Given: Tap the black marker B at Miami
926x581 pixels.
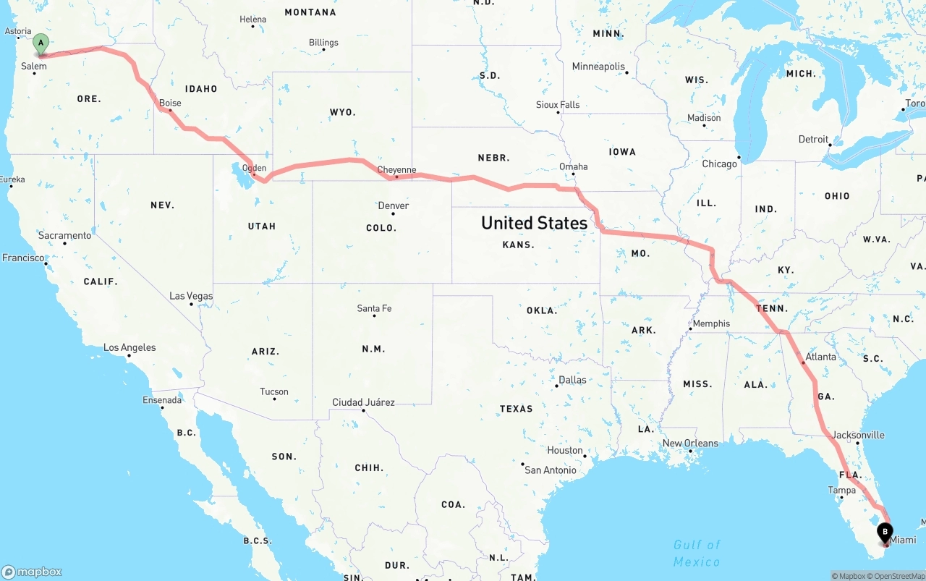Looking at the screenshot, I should (x=885, y=533).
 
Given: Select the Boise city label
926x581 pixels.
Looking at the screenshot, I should (x=170, y=103).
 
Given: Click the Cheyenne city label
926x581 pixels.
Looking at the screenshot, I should (x=396, y=170).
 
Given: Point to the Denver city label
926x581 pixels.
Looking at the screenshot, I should (x=394, y=205).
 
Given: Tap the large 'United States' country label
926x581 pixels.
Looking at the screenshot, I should (x=534, y=223).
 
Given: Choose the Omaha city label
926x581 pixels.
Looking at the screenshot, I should (x=573, y=166).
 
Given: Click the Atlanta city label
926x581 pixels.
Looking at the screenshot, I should (x=820, y=357).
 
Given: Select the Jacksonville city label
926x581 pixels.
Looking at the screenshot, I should (x=858, y=435).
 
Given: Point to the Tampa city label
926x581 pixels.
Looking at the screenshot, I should (x=841, y=490).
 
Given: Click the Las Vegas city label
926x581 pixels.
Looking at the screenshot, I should (x=191, y=296).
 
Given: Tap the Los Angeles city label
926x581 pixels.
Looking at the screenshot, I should (x=129, y=347).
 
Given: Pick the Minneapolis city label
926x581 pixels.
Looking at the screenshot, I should (x=598, y=67).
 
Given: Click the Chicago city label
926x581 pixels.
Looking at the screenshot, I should (x=719, y=164).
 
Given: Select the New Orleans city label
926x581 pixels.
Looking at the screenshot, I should (x=690, y=443).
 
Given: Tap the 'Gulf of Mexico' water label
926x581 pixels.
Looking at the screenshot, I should (x=697, y=554).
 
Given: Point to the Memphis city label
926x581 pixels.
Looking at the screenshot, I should (x=711, y=323).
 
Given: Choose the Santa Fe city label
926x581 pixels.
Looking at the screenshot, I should (x=374, y=308).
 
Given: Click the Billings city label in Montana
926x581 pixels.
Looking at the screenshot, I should (x=323, y=43).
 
